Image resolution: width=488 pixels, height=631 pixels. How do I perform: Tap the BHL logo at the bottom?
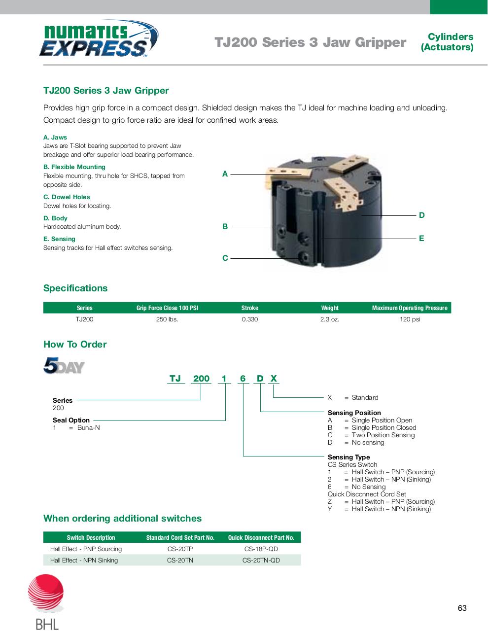(46, 601)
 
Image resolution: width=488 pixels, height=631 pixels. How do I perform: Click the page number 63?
(462, 608)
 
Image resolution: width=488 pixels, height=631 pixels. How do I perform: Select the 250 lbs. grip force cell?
(167, 319)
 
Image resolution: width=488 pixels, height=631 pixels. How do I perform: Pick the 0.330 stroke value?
(249, 319)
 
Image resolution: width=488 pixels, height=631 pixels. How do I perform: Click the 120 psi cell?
(410, 319)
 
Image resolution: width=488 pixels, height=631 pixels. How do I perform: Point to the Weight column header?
(330, 308)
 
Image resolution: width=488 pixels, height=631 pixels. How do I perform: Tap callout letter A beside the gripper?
(225, 174)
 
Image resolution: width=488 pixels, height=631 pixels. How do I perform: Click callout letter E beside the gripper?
(421, 238)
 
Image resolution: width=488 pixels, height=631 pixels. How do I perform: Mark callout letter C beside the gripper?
(225, 258)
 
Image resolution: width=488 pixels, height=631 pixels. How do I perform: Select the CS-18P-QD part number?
(261, 549)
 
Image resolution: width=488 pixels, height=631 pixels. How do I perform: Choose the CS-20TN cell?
(180, 560)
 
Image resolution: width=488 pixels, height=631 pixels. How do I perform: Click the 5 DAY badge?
(64, 366)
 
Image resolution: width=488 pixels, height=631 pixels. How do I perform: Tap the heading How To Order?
(75, 344)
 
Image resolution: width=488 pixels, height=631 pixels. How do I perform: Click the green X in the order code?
(274, 379)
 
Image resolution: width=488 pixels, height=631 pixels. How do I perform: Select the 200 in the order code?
(201, 379)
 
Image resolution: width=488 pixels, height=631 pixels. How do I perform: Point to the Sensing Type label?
(349, 457)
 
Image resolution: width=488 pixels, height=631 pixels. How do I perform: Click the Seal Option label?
(71, 420)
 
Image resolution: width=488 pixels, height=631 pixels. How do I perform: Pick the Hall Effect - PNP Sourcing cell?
(86, 549)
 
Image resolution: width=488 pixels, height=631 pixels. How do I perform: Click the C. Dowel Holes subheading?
(67, 197)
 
